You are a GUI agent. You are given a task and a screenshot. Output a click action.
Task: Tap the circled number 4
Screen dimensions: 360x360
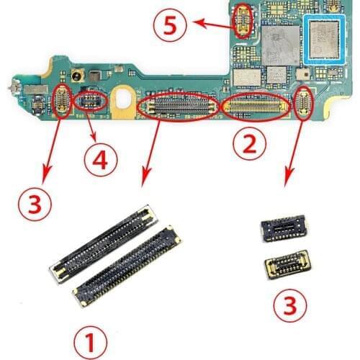tap(100, 158)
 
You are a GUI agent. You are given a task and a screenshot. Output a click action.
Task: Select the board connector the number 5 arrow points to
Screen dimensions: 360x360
tap(243, 20)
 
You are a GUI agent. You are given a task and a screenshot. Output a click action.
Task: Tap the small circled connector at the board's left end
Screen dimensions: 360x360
tap(62, 101)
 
